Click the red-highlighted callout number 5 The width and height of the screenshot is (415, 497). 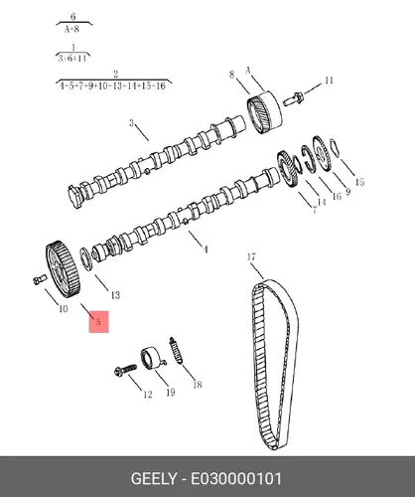pyautogui.click(x=98, y=321)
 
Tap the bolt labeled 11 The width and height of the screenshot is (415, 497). pyautogui.click(x=294, y=99)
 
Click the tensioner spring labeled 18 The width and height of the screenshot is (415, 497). pyautogui.click(x=176, y=350)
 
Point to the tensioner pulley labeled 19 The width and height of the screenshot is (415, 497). pyautogui.click(x=153, y=358)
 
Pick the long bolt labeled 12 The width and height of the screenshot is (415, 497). pyautogui.click(x=125, y=370)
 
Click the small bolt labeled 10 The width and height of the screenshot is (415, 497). pyautogui.click(x=38, y=279)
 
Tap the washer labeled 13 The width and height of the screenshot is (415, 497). pyautogui.click(x=85, y=258)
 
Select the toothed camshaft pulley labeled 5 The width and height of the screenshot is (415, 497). pyautogui.click(x=63, y=269)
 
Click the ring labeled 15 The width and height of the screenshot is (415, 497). pyautogui.click(x=335, y=147)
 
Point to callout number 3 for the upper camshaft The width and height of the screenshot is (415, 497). pyautogui.click(x=131, y=123)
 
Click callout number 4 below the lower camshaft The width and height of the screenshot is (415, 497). pyautogui.click(x=206, y=249)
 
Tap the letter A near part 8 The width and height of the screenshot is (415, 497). pyautogui.click(x=248, y=71)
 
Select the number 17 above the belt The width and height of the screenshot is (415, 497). pyautogui.click(x=251, y=256)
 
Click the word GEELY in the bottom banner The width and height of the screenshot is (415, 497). pyautogui.click(x=154, y=479)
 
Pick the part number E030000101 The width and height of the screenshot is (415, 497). pyautogui.click(x=236, y=479)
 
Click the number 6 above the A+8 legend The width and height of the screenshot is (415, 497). pyautogui.click(x=73, y=16)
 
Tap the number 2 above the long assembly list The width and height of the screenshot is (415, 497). pyautogui.click(x=115, y=74)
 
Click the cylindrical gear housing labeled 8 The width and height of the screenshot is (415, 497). pyautogui.click(x=265, y=112)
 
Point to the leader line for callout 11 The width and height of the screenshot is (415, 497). pyautogui.click(x=313, y=88)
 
